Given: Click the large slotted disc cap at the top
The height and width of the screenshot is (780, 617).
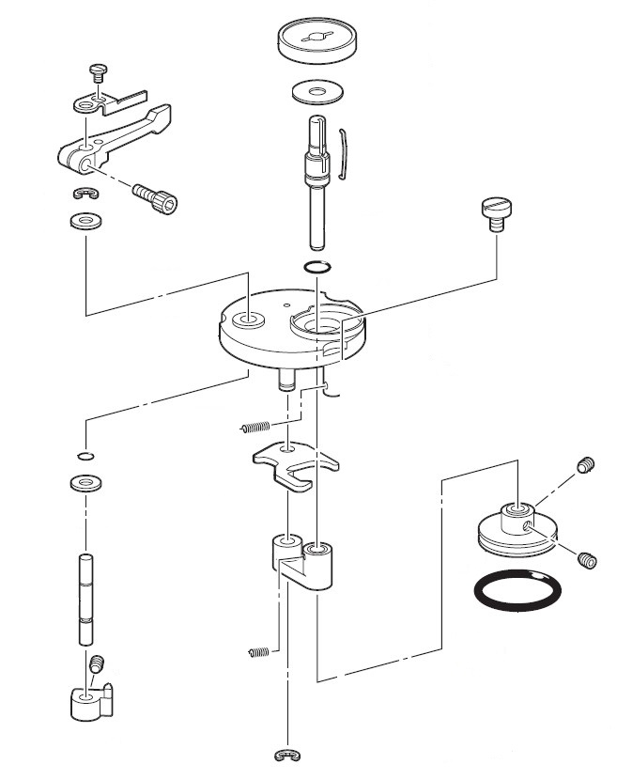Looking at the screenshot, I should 320,41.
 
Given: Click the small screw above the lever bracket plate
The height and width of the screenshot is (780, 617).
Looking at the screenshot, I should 97,71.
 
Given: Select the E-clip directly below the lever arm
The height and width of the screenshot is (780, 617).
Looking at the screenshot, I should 86,195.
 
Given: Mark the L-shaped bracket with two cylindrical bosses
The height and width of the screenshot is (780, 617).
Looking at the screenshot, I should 302,562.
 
